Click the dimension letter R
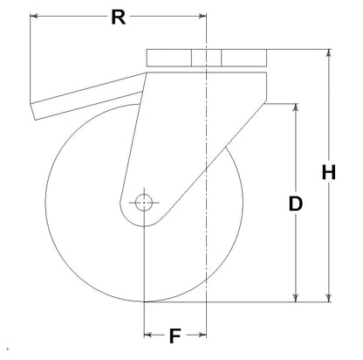pos(119,17)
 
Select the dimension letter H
pos(329,172)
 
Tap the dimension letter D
pos(296,204)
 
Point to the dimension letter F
pos(175,336)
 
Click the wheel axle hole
pos(144,203)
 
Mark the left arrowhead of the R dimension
pos(34,16)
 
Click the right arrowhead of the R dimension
pos(202,16)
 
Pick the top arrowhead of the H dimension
pos(329,53)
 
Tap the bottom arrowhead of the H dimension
pos(329,298)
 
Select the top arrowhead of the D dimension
pos(296,107)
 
